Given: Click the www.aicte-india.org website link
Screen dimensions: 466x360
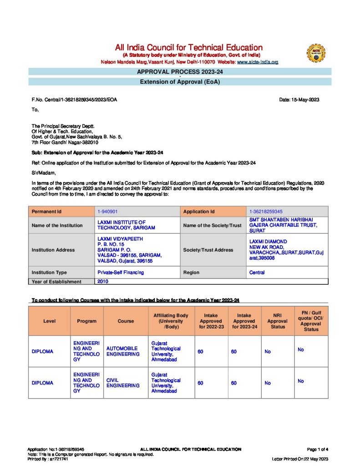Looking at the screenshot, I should [x=258, y=62].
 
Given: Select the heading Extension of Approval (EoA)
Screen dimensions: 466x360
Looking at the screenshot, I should [x=180, y=82].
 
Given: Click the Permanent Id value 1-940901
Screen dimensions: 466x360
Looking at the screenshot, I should [x=108, y=212].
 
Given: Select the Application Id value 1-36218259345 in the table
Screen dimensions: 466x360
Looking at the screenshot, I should [x=266, y=212].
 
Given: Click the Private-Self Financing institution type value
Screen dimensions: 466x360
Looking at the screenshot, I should [x=121, y=273].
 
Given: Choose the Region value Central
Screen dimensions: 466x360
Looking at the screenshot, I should [x=257, y=273].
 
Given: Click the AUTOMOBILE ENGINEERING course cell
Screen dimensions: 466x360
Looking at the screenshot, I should [x=123, y=351].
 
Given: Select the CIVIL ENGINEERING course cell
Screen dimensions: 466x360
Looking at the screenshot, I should [x=123, y=383].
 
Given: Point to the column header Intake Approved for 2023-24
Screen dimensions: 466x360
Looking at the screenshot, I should [x=244, y=321].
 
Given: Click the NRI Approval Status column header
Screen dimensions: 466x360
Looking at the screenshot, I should [x=278, y=321].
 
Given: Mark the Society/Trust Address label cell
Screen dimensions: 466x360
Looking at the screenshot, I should [x=208, y=250].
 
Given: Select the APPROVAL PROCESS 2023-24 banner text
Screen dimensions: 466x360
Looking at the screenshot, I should [x=180, y=71].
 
